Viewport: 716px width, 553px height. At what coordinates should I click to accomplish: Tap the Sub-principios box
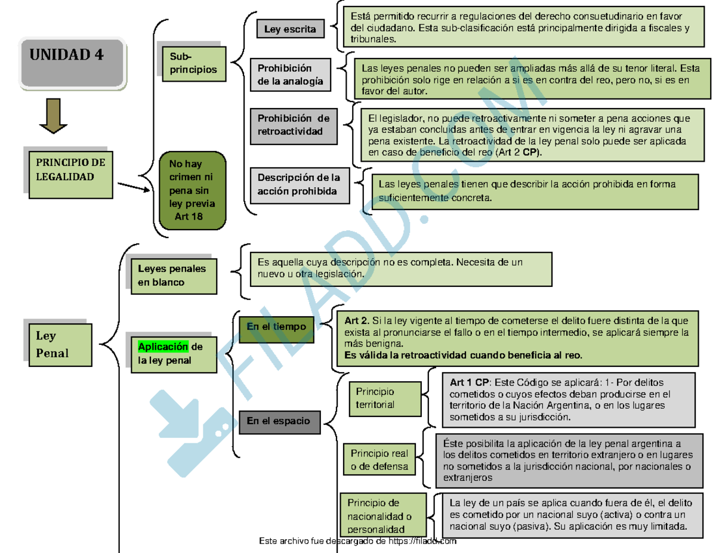193,63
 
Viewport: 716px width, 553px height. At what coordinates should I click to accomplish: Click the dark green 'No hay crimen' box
193,190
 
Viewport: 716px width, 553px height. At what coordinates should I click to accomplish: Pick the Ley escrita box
290,29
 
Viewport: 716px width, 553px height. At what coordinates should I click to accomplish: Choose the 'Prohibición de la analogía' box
291,76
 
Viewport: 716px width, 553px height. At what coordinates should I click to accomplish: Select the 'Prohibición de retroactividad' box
294,125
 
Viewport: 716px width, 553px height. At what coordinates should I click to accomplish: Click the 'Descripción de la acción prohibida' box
299,184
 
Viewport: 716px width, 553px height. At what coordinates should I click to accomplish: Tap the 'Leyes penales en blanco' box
171,275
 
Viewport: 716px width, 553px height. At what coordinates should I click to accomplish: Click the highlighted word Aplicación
163,347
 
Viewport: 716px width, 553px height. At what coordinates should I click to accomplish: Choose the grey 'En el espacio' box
279,421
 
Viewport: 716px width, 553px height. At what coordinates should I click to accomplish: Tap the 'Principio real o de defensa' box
379,460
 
